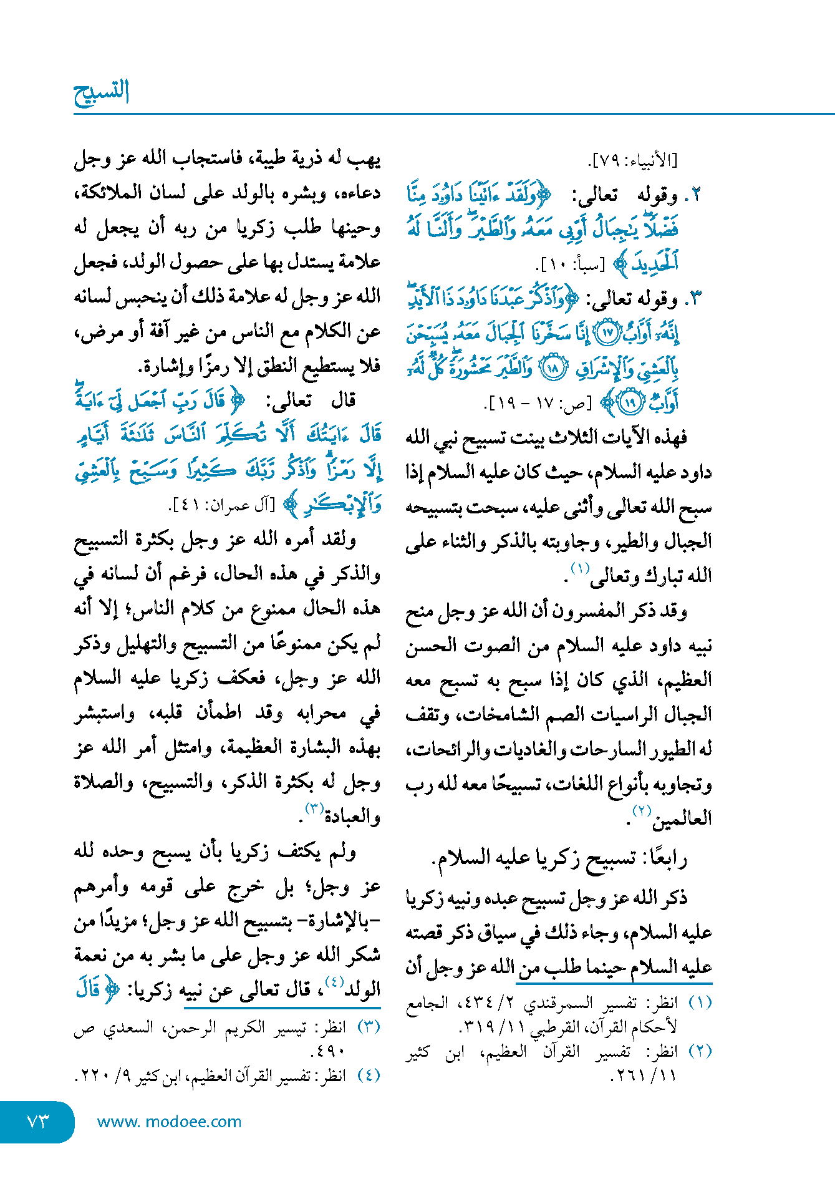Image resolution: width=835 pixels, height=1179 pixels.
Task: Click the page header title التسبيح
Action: pos(102,92)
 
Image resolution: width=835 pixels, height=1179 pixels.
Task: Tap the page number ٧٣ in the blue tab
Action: pos(38,1122)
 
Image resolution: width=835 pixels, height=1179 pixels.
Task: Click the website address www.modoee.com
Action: pos(169,1122)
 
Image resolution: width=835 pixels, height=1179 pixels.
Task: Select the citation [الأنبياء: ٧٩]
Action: pos(633,161)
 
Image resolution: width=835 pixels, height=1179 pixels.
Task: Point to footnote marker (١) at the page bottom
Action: pos(700,1002)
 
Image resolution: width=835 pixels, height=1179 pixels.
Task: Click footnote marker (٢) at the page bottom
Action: pos(700,1051)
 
